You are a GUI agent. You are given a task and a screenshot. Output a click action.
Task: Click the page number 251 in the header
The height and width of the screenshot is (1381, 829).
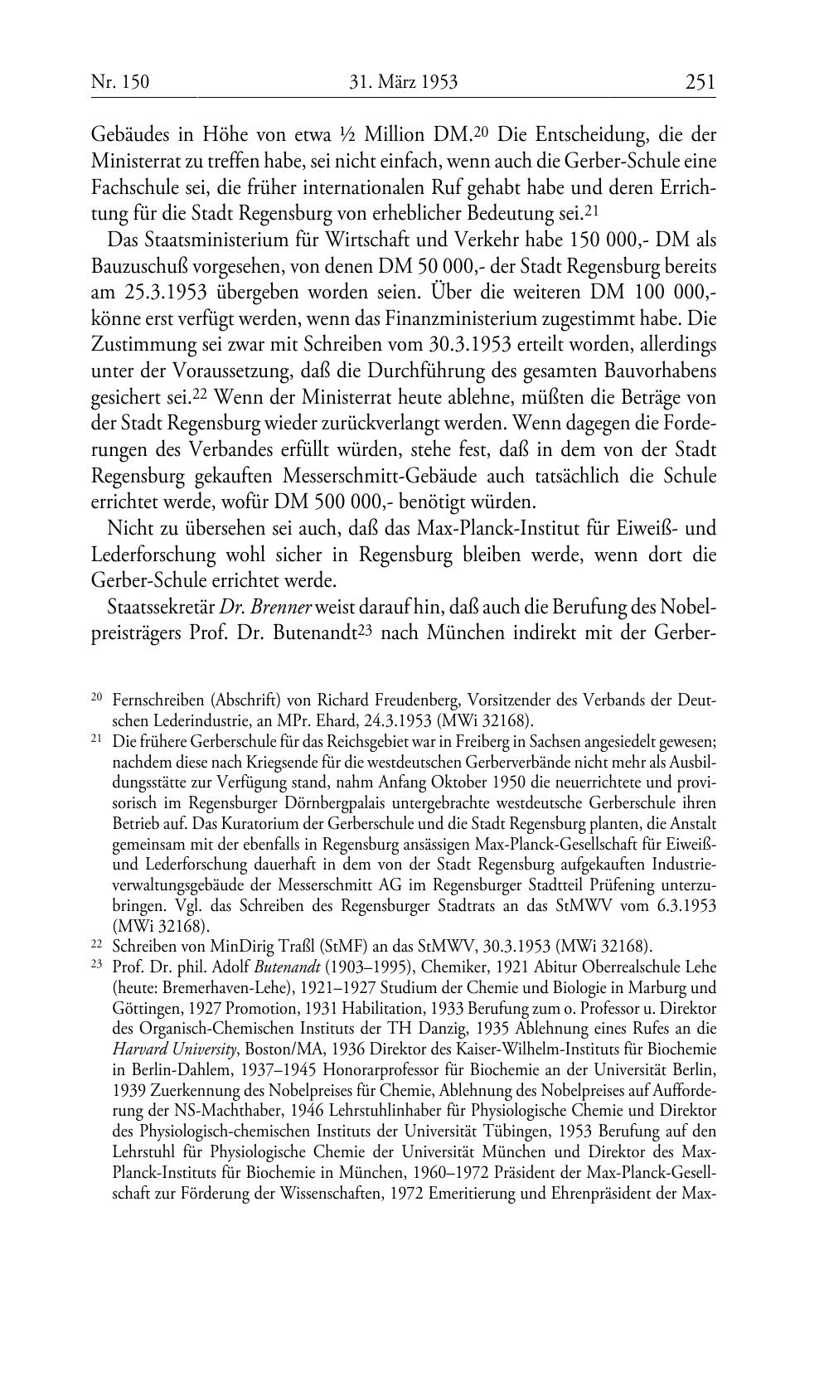(x=701, y=82)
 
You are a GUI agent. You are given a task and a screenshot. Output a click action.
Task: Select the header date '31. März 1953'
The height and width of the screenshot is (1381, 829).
(x=404, y=82)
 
